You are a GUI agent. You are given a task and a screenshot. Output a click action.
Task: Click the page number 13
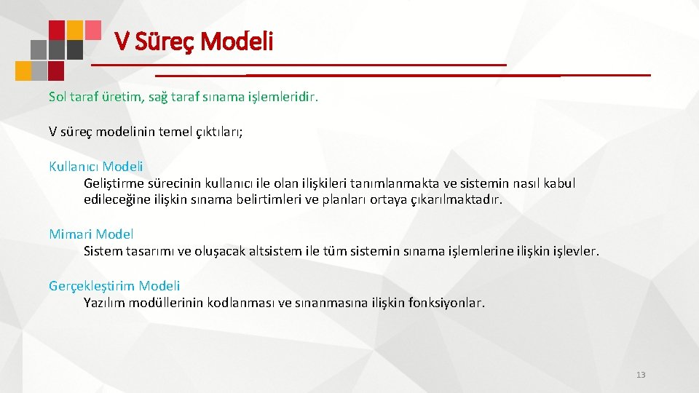tap(641, 375)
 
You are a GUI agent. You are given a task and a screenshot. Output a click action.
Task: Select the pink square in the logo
tap(92, 29)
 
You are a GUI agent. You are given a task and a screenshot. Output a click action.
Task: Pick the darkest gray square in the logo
tap(74, 49)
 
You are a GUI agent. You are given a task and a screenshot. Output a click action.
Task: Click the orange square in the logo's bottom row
tap(24, 70)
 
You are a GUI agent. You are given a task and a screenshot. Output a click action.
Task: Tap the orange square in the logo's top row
tap(74, 29)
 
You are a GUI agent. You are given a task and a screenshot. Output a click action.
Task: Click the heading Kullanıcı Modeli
tap(95, 166)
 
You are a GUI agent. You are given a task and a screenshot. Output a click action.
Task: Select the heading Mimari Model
tap(91, 234)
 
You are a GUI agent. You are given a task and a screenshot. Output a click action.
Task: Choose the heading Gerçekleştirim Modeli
tap(114, 286)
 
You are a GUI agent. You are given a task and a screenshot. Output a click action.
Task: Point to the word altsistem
tap(280, 252)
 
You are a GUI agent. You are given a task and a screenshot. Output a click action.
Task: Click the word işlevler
tap(575, 252)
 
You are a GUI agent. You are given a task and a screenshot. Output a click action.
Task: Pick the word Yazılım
tap(104, 303)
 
